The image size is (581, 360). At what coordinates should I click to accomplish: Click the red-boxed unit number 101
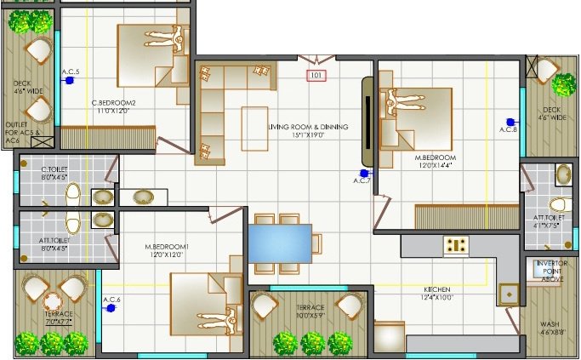click(317, 76)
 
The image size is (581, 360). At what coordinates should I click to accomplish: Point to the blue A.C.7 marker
click(363, 173)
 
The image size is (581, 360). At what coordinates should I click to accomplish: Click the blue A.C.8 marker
click(510, 122)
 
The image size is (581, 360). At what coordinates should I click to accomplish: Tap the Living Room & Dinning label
click(307, 127)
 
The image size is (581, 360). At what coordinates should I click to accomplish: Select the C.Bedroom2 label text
click(114, 106)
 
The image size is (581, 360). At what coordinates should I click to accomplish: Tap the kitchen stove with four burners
click(456, 245)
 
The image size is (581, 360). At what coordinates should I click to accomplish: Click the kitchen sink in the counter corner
click(509, 293)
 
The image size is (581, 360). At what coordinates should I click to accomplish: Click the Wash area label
click(550, 328)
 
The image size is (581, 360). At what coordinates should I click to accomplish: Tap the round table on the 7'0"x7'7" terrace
click(53, 301)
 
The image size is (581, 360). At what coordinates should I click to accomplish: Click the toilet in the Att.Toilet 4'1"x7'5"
click(558, 204)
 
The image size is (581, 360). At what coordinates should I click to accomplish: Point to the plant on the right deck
click(563, 83)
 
